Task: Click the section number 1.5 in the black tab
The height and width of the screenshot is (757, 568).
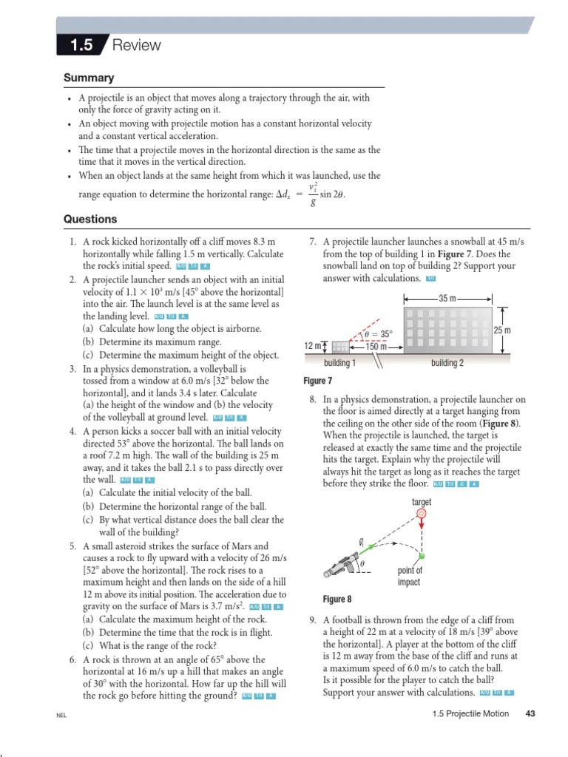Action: (x=81, y=45)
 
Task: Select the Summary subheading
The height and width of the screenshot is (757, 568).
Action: (x=89, y=78)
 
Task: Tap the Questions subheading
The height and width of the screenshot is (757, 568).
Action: (x=90, y=219)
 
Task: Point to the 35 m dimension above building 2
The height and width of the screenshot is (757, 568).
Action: (x=447, y=299)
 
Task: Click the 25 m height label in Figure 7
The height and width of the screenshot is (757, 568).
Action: (x=502, y=330)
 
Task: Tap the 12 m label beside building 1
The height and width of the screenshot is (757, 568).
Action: (x=312, y=346)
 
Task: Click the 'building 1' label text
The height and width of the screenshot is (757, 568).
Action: (x=340, y=363)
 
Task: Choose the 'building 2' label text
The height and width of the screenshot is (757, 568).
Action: (x=447, y=363)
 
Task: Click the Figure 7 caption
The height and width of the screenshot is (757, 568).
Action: (x=318, y=381)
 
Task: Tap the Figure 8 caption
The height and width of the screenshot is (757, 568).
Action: (x=337, y=599)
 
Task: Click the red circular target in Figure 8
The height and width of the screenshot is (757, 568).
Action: (x=422, y=514)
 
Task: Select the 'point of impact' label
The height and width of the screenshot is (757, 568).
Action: (x=410, y=576)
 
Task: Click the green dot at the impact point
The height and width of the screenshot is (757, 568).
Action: (x=422, y=555)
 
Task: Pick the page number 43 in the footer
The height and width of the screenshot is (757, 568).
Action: (x=530, y=713)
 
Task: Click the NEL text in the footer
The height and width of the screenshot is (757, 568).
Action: (x=61, y=715)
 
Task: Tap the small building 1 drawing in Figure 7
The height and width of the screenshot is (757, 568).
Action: (x=340, y=347)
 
